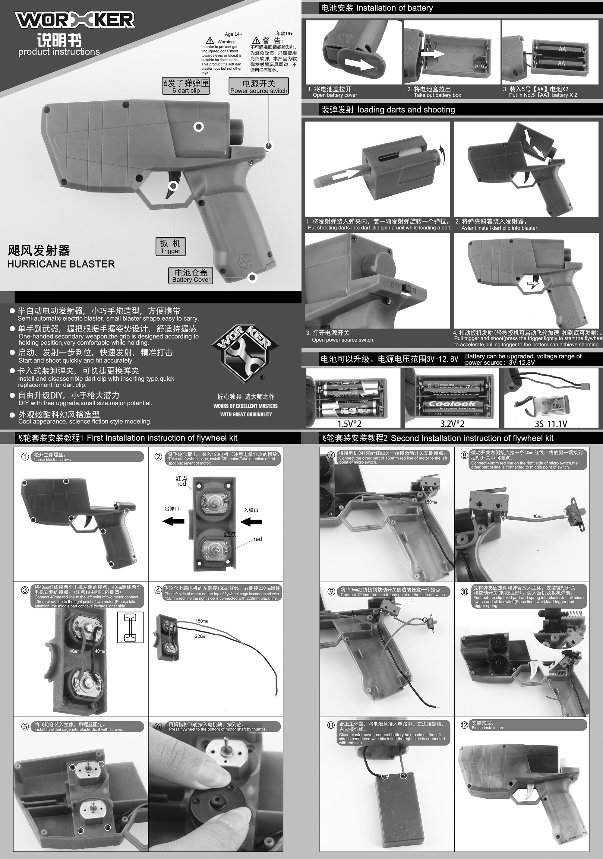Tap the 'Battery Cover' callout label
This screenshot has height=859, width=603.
click(x=191, y=276)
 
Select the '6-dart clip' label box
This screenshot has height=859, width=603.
click(x=186, y=86)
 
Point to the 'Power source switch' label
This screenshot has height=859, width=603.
click(x=259, y=86)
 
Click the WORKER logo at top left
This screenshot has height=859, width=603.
click(x=75, y=20)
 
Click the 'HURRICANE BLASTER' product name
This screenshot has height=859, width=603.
click(x=61, y=264)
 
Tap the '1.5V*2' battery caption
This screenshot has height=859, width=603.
click(x=349, y=423)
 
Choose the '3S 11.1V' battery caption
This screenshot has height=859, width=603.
click(x=551, y=423)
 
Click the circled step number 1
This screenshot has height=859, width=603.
click(x=25, y=457)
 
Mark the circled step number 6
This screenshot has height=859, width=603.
click(x=159, y=727)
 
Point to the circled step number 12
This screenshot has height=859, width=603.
click(x=464, y=725)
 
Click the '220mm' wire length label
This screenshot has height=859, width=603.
click(x=201, y=636)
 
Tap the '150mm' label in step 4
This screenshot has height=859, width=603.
click(x=202, y=621)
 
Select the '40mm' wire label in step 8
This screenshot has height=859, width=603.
click(x=538, y=516)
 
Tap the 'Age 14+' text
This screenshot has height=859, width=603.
click(x=233, y=34)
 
